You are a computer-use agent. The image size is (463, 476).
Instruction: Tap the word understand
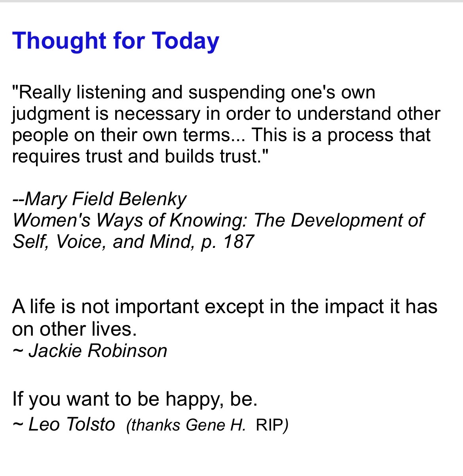[344, 114]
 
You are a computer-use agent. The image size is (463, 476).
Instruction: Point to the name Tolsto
[91, 425]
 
